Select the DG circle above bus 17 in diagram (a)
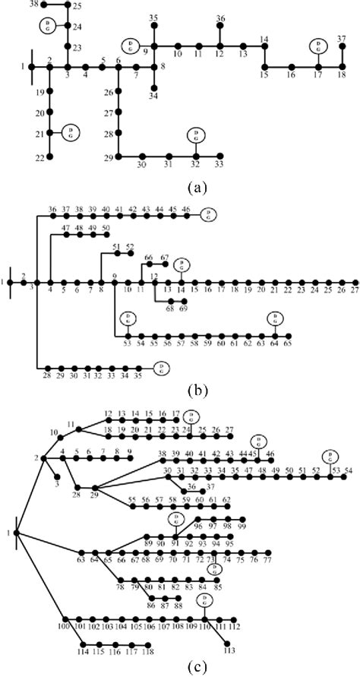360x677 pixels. coord(318,46)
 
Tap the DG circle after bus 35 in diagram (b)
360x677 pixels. coord(162,368)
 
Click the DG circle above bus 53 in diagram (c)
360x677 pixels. coord(330,456)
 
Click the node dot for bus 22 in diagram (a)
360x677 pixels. coord(50,157)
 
